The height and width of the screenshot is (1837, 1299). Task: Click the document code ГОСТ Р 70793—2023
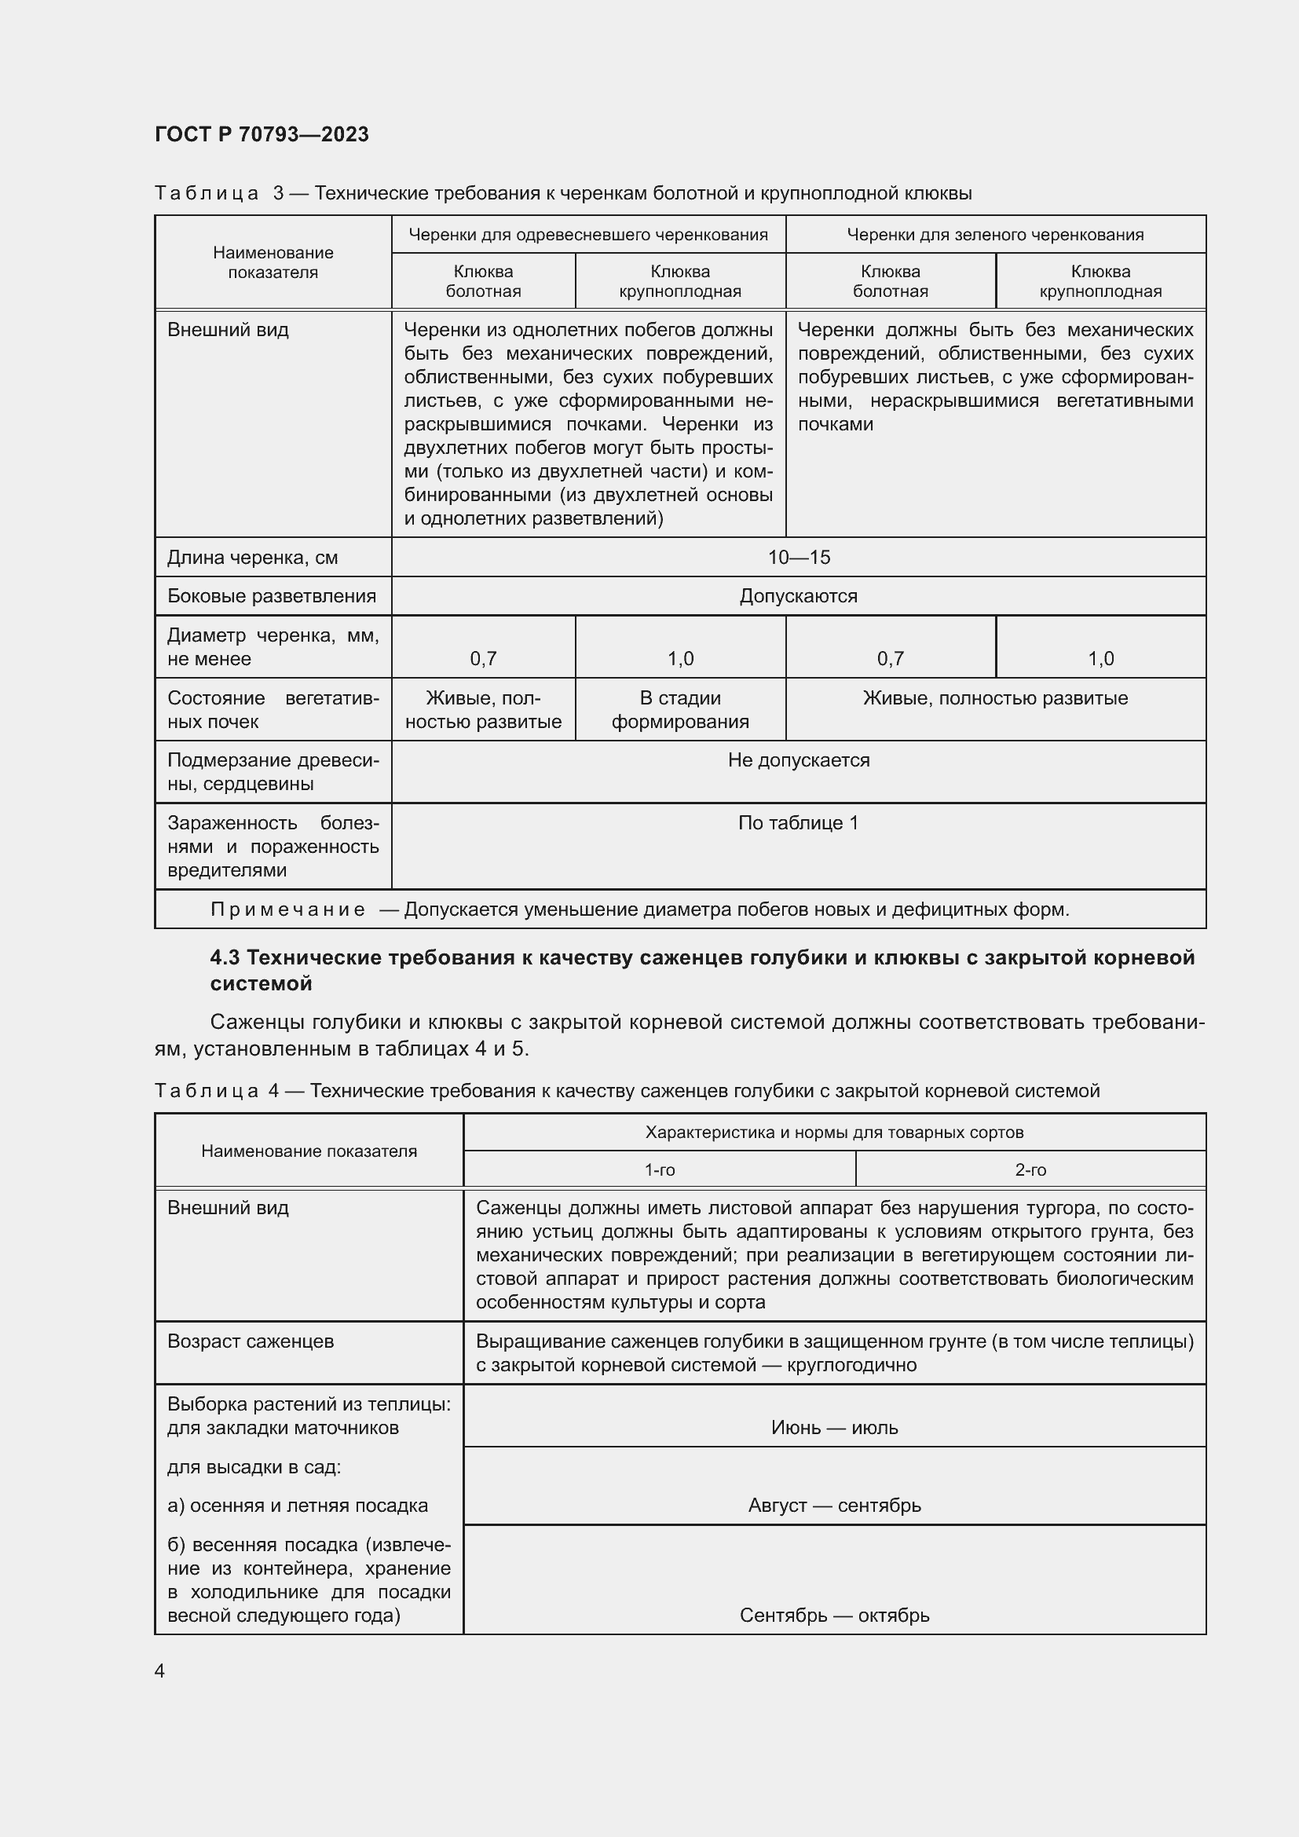(x=262, y=134)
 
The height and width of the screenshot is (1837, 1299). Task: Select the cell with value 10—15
(x=798, y=558)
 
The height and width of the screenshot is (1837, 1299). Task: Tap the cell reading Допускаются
(x=798, y=596)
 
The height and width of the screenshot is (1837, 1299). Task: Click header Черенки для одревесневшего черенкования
(x=588, y=234)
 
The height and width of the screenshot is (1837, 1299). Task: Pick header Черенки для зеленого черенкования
(x=995, y=234)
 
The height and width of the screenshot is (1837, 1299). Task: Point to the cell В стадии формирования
(x=680, y=710)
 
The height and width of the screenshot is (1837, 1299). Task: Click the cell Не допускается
(x=798, y=760)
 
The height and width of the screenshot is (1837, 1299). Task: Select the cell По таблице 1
(x=798, y=822)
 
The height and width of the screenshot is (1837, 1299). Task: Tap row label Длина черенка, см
(x=252, y=558)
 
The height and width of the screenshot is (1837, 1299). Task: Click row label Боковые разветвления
(x=271, y=596)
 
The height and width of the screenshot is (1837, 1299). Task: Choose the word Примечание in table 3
(x=288, y=909)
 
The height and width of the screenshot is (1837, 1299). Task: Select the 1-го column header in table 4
(x=660, y=1169)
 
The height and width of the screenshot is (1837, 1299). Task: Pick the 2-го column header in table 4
(x=1030, y=1169)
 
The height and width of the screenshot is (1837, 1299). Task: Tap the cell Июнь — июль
(x=834, y=1427)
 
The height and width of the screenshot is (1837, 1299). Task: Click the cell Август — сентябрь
(x=834, y=1506)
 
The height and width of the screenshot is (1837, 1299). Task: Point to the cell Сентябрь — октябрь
(x=834, y=1616)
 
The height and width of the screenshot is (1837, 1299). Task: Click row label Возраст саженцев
(x=251, y=1341)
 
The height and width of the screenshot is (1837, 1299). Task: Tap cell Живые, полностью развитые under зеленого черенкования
(x=995, y=697)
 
